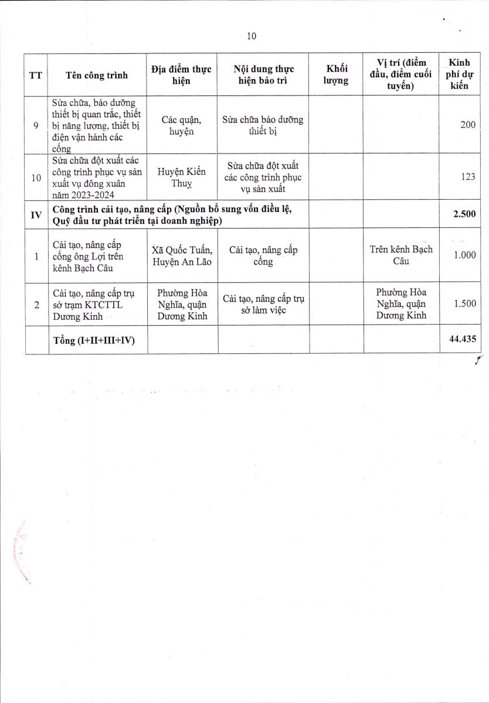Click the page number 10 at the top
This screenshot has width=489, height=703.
coord(252,36)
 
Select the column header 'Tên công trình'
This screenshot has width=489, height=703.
coord(97,76)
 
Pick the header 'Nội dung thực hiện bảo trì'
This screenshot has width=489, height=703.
coord(263,75)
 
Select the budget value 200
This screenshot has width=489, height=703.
coord(467,125)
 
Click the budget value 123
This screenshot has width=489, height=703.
coord(467,177)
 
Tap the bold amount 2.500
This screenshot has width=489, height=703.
coord(464,215)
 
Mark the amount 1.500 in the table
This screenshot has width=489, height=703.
coord(464,305)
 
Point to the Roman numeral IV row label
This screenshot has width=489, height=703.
coord(35,215)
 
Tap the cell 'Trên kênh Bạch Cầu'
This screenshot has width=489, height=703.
coord(401,255)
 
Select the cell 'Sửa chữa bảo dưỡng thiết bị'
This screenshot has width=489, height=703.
coord(263,125)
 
